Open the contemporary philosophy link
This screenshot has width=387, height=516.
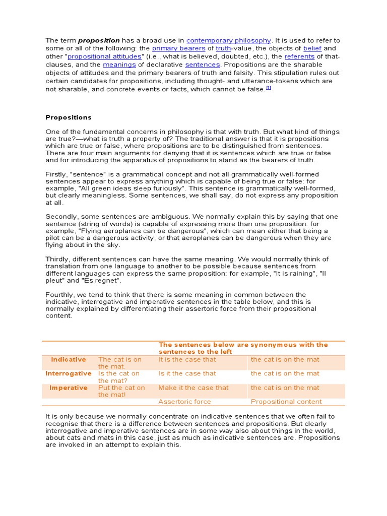(229, 40)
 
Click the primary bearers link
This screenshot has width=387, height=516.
(179, 48)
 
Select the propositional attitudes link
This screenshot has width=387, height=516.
(105, 56)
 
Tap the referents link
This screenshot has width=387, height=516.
(300, 56)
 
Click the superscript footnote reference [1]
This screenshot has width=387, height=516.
(269, 88)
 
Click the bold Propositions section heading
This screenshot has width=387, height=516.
(69, 117)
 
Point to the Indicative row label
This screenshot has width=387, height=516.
(69, 359)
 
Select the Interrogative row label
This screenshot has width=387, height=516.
(69, 373)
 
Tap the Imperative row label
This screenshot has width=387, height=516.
(69, 388)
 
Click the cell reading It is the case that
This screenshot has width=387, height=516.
(187, 359)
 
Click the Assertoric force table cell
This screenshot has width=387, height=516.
(184, 402)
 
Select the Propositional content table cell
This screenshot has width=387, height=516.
(286, 402)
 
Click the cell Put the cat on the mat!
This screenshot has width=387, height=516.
(121, 391)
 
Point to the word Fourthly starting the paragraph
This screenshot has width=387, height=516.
(60, 294)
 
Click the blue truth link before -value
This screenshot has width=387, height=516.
(223, 48)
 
